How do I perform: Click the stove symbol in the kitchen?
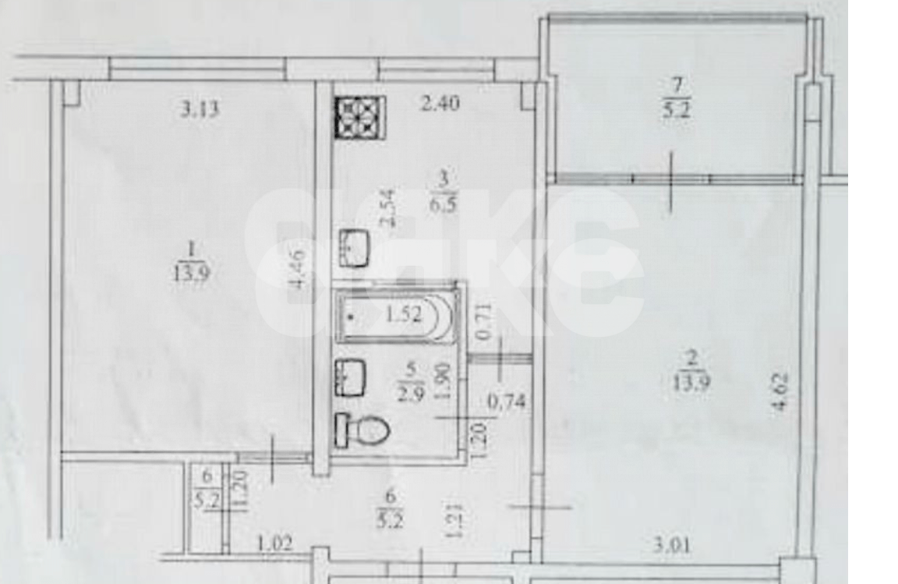point(357,116)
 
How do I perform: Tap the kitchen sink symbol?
point(354,248)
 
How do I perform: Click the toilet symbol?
point(362,429)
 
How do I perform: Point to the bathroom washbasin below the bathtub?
point(352,377)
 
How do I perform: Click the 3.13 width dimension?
point(200,109)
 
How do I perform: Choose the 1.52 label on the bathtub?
point(403,315)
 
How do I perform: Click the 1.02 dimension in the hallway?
point(274,543)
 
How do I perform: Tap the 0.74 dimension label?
point(507,402)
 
